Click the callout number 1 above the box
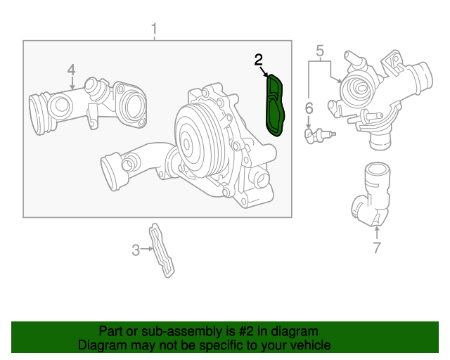pyautogui.click(x=155, y=29)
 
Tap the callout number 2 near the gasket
pyautogui.click(x=259, y=60)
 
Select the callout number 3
pyautogui.click(x=136, y=248)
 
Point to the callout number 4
pyautogui.click(x=71, y=70)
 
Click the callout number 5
pyautogui.click(x=319, y=51)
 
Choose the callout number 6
pyautogui.click(x=308, y=108)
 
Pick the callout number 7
pyautogui.click(x=376, y=247)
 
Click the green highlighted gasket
pyautogui.click(x=274, y=105)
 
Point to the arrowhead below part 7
pyautogui.click(x=376, y=229)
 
